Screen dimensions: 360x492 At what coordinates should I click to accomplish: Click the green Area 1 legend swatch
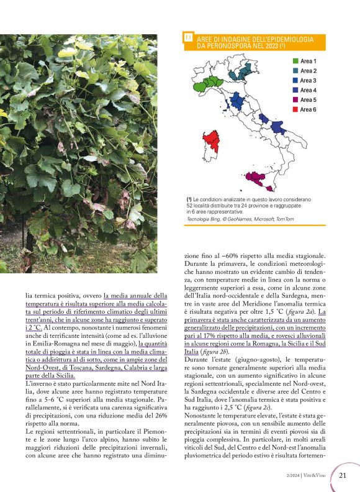[x=295, y=61]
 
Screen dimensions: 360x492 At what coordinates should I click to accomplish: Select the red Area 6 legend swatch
[x=295, y=109]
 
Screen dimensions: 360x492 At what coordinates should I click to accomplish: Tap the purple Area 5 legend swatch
[x=295, y=99]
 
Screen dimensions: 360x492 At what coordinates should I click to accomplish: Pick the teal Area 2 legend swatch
[x=295, y=71]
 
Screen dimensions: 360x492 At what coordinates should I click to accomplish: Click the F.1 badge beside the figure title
[x=188, y=39]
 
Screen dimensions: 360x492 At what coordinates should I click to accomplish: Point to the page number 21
[x=343, y=476]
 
